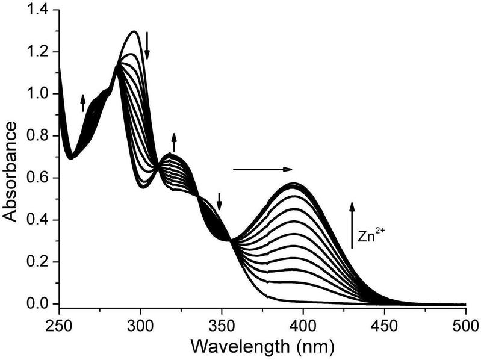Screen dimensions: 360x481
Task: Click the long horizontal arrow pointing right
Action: pyautogui.click(x=262, y=169)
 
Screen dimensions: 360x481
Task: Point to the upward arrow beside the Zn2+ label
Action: pyautogui.click(x=353, y=226)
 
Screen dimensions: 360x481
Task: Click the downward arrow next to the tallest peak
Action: pyautogui.click(x=147, y=47)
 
